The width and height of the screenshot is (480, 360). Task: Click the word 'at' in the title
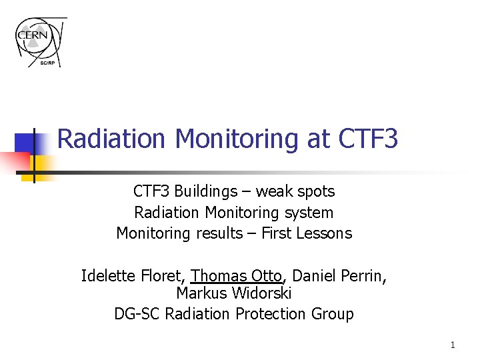pyautogui.click(x=317, y=139)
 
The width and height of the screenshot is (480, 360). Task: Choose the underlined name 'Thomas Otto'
pyautogui.click(x=237, y=275)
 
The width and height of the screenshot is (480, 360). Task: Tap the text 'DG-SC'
pyautogui.click(x=137, y=313)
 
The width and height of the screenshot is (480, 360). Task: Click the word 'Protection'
pyautogui.click(x=273, y=313)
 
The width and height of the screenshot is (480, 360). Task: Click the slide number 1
pyautogui.click(x=452, y=345)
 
